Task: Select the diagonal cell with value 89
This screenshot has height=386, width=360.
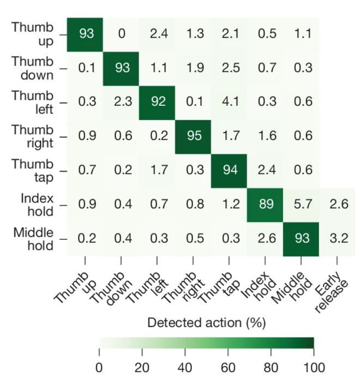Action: (x=265, y=205)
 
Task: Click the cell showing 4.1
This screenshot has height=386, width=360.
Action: (x=229, y=102)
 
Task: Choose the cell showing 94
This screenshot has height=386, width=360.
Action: (x=229, y=171)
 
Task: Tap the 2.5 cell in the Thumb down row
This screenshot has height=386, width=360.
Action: (x=229, y=68)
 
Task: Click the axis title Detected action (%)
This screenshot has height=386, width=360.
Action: (x=206, y=323)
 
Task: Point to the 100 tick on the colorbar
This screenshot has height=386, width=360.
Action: (x=313, y=367)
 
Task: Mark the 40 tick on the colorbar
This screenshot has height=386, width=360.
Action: (x=184, y=367)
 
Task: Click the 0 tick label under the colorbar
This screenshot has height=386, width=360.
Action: (x=99, y=367)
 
